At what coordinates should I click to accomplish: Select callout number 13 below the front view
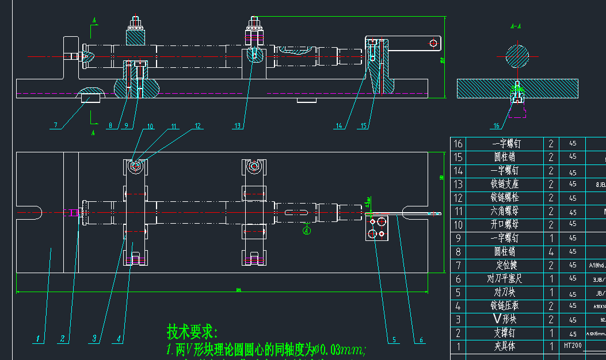(x=238, y=125)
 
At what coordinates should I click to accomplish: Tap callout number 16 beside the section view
(x=497, y=125)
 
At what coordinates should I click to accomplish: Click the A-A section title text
(x=516, y=26)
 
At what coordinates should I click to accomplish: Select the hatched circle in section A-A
(x=517, y=56)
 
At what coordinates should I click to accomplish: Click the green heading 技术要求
(x=192, y=332)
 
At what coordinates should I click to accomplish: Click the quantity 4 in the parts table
(x=551, y=252)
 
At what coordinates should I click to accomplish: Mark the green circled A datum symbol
(x=307, y=231)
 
